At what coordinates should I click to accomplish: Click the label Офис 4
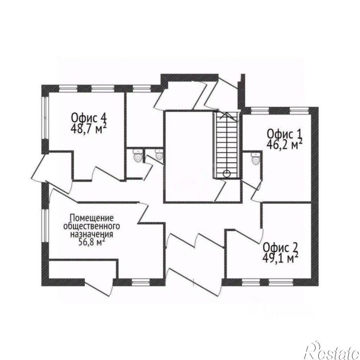pos(89,118)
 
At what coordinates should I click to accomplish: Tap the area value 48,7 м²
pos(88,129)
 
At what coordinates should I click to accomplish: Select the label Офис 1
pos(284,134)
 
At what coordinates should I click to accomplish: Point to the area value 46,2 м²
pos(284,144)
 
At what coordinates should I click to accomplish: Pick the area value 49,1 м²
pos(281,258)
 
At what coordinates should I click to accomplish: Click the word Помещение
pos(91,218)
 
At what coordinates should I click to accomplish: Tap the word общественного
pos(91,226)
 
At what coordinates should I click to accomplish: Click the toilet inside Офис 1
pos(255,159)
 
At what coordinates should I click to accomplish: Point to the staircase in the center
pos(226,144)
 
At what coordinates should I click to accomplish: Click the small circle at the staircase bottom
pos(226,174)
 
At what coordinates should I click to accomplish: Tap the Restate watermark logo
pos(332,351)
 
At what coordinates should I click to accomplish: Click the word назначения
pos(91,234)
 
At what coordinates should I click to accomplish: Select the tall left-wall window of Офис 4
pos(46,117)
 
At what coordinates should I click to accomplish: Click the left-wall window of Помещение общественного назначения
pos(46,225)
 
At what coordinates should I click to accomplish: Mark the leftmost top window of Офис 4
pos(68,88)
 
